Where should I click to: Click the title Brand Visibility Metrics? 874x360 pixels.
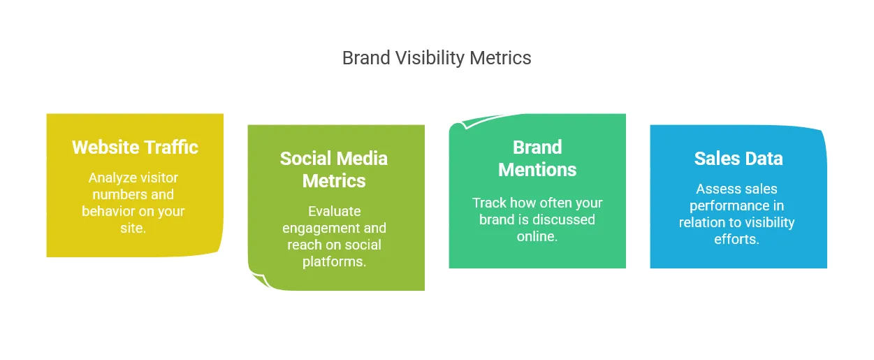click(x=437, y=58)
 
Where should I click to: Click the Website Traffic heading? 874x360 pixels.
click(x=135, y=147)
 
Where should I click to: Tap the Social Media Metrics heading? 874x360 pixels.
click(x=334, y=169)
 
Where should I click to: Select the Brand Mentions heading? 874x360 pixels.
click(x=537, y=158)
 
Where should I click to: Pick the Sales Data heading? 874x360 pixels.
click(x=738, y=159)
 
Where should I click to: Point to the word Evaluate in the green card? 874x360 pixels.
click(x=335, y=211)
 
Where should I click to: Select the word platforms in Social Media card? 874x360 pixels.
click(x=335, y=261)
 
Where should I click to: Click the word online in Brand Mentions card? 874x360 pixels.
click(x=537, y=236)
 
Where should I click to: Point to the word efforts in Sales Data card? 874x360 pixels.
click(x=736, y=239)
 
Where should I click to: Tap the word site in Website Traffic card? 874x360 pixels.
click(x=133, y=228)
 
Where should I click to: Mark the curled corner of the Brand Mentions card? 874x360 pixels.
click(x=467, y=122)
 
